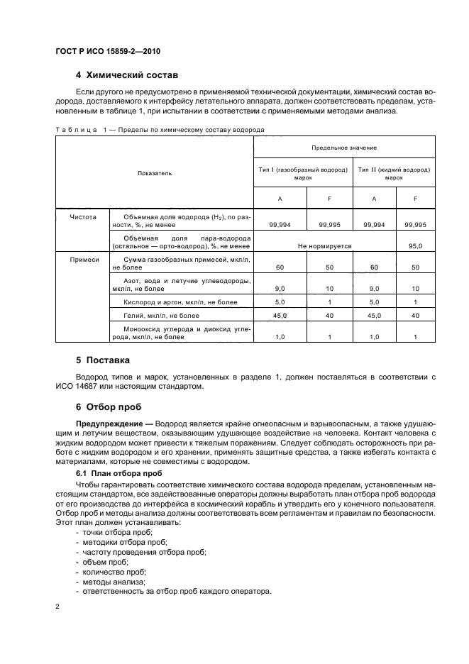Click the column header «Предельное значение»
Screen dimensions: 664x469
tap(343, 148)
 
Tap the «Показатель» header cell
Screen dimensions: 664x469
tap(155, 173)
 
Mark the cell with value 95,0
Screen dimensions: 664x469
tap(415, 245)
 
